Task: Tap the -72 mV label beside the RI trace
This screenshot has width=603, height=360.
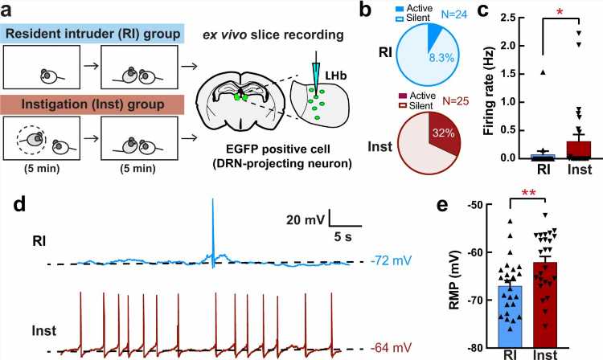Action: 389,262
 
